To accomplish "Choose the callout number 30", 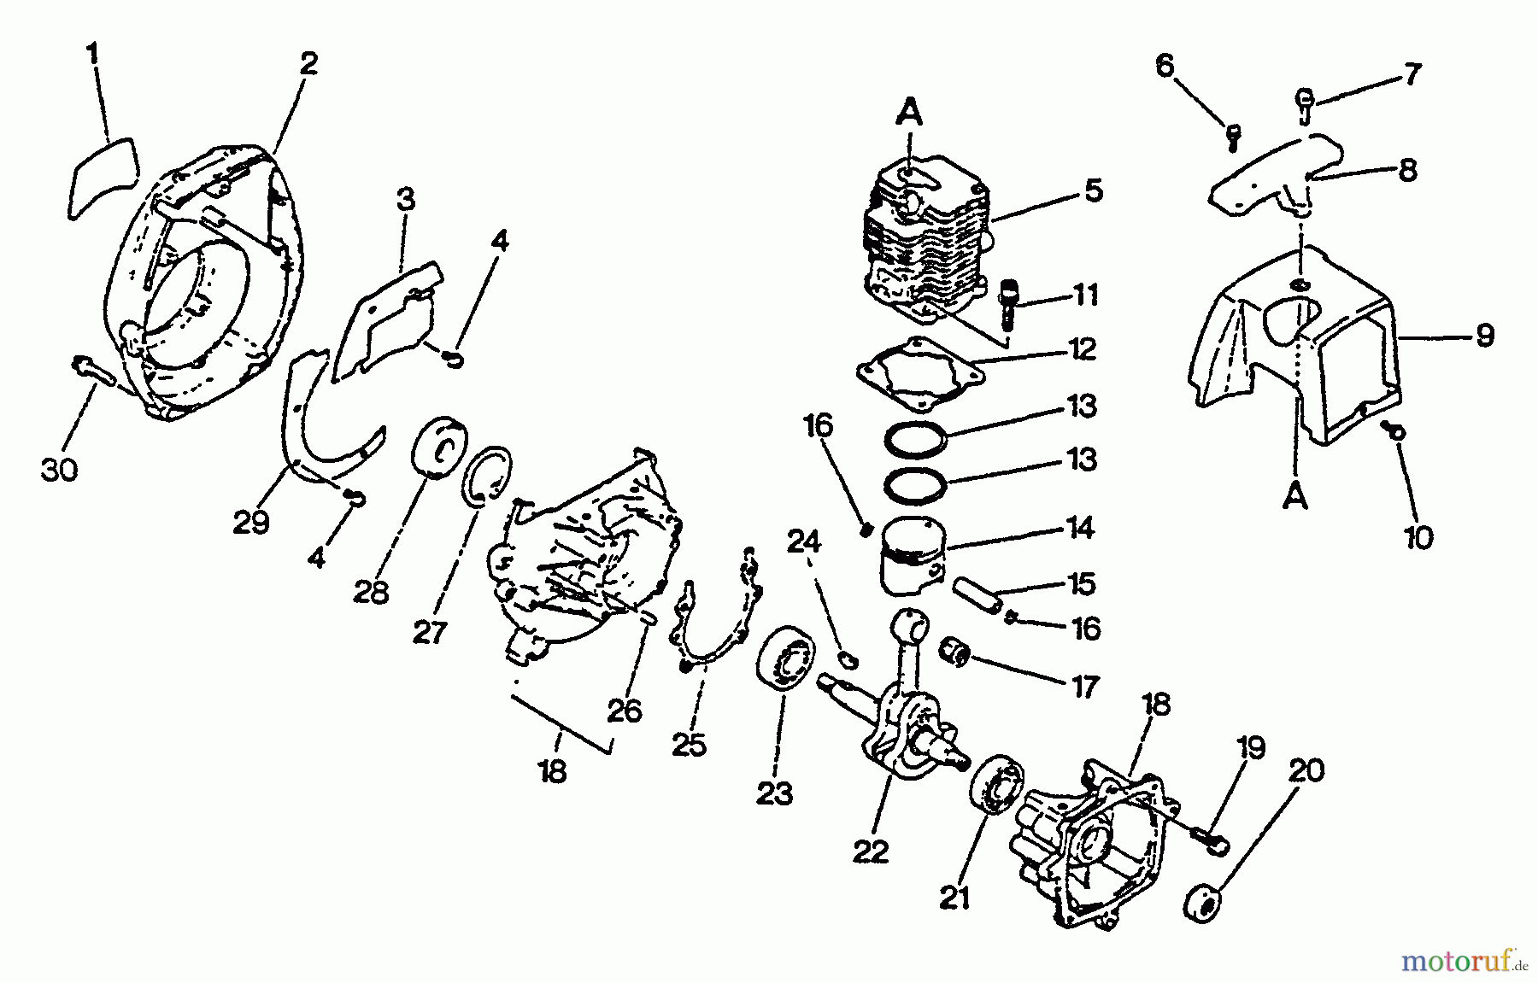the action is point(59,469).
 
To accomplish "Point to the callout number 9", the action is point(1485,335).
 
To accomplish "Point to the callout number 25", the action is point(689,744).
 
